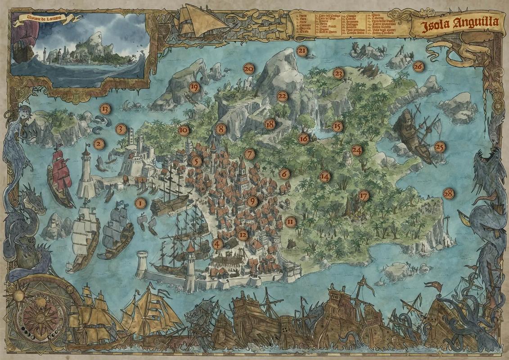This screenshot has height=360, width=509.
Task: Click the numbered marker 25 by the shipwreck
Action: pyautogui.click(x=440, y=147)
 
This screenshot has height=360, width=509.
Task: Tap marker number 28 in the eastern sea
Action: pyautogui.click(x=448, y=193)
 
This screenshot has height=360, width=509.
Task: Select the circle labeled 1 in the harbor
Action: pyautogui.click(x=140, y=204)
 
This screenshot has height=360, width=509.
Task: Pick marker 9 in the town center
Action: pyautogui.click(x=251, y=201)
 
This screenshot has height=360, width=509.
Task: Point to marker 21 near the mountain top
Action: pyautogui.click(x=302, y=51)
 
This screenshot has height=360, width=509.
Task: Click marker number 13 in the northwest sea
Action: pyautogui.click(x=105, y=108)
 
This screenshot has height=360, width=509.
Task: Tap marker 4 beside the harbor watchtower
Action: pyautogui.click(x=218, y=244)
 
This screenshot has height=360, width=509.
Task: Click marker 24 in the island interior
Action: pyautogui.click(x=357, y=151)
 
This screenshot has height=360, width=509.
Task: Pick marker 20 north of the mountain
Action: pyautogui.click(x=248, y=68)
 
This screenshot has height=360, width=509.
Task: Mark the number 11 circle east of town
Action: pyautogui.click(x=290, y=221)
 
